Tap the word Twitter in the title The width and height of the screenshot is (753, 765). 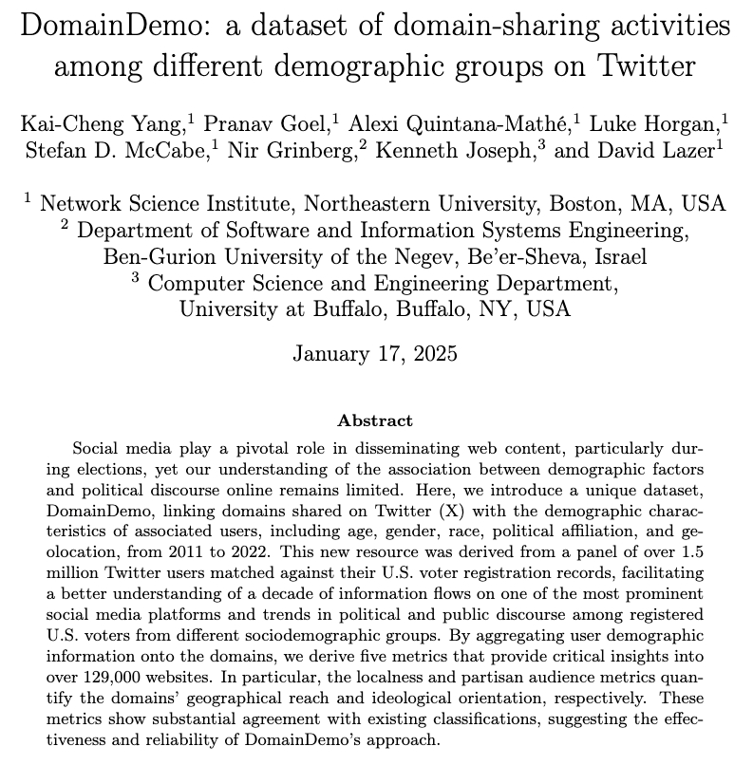(645, 67)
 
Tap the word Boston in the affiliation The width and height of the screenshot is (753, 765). (582, 203)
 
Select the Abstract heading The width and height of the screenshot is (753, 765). (375, 420)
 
